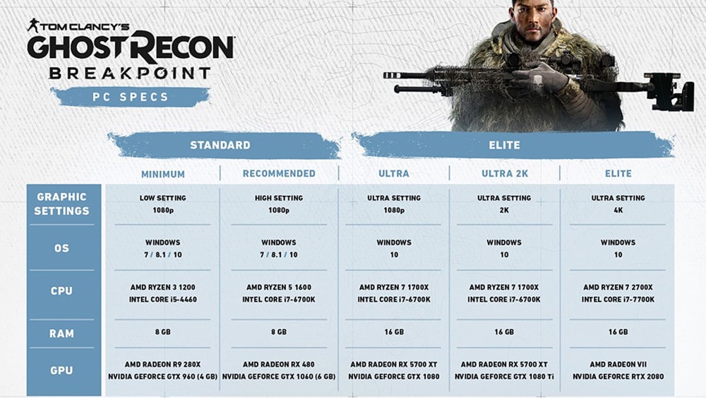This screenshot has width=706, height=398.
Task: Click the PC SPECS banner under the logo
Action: pyautogui.click(x=130, y=97)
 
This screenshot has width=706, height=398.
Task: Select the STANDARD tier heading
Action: pyautogui.click(x=220, y=145)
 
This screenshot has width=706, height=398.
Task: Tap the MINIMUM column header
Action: pyautogui.click(x=163, y=174)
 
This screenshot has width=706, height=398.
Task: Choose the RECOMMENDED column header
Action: pyautogui.click(x=279, y=173)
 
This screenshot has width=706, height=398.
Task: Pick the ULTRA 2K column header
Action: pyautogui.click(x=505, y=173)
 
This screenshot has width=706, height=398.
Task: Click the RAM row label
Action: pyautogui.click(x=61, y=334)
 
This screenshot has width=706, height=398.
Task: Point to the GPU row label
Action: pyautogui.click(x=61, y=370)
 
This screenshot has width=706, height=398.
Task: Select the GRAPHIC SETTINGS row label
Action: pyautogui.click(x=61, y=204)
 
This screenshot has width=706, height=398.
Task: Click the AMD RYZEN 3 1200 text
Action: pyautogui.click(x=163, y=287)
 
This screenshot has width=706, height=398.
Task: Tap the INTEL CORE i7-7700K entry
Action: pyautogui.click(x=618, y=299)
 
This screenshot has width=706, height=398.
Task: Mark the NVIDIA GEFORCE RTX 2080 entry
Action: pyautogui.click(x=618, y=376)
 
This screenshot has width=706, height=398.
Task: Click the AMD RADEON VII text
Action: pyautogui.click(x=618, y=364)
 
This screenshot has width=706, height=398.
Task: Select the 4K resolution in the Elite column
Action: pyautogui.click(x=618, y=210)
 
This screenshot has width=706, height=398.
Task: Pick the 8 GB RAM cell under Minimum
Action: pyautogui.click(x=163, y=332)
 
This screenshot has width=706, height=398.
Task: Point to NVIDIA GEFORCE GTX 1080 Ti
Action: pyautogui.click(x=504, y=376)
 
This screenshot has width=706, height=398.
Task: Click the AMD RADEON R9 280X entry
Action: pyautogui.click(x=163, y=364)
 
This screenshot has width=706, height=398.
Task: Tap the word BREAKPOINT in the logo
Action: pyautogui.click(x=130, y=73)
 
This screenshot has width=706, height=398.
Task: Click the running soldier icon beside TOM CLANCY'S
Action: pyautogui.click(x=32, y=25)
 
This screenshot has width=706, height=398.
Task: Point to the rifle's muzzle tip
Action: pyautogui.click(x=385, y=75)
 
